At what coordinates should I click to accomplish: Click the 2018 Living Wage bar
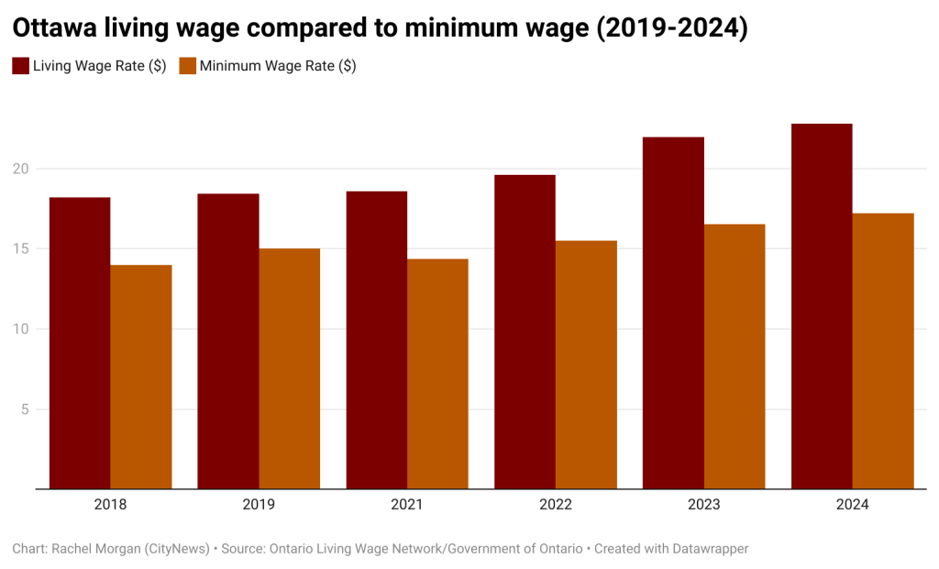(x=80, y=343)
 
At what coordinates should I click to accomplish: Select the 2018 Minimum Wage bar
(x=141, y=377)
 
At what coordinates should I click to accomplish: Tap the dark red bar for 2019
(x=228, y=341)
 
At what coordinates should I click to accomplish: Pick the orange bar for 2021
(x=437, y=374)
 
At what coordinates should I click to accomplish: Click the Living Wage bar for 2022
(x=525, y=332)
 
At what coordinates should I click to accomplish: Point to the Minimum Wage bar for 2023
(x=735, y=356)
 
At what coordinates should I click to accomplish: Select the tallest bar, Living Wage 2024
(x=822, y=306)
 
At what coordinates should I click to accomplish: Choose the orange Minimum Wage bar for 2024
(x=883, y=351)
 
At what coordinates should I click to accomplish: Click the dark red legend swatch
(x=20, y=66)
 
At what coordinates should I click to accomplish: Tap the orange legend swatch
(x=187, y=66)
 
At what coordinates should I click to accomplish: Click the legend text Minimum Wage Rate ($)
(x=278, y=66)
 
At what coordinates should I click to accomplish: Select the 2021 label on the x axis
(x=407, y=505)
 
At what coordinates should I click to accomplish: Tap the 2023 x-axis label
(x=704, y=505)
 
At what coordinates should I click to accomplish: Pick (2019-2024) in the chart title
(x=671, y=28)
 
